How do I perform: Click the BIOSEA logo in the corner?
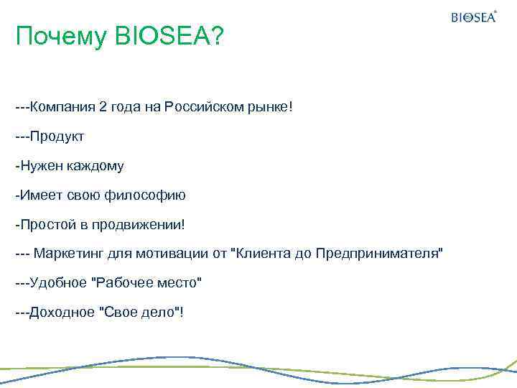click(474, 17)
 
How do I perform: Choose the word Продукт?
click(57, 137)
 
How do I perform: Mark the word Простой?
click(47, 225)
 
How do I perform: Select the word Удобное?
click(58, 284)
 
